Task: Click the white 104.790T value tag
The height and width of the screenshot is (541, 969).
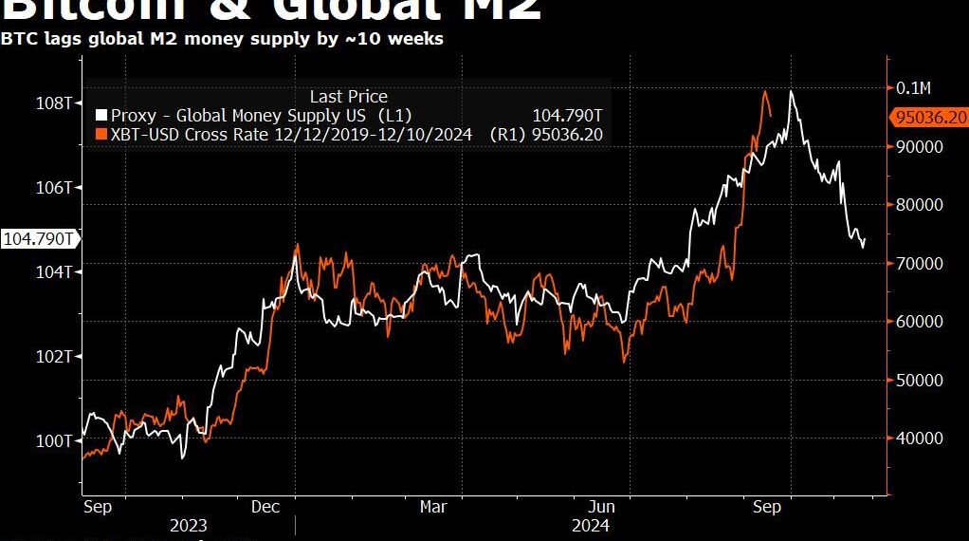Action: tap(39, 238)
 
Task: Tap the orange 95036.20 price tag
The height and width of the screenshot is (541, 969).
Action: tap(929, 118)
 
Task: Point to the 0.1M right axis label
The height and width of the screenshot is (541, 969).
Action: tap(914, 88)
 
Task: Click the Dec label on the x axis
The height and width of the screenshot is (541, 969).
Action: tap(265, 507)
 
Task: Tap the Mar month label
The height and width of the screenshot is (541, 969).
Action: tap(433, 507)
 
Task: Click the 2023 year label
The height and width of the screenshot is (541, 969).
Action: tap(188, 525)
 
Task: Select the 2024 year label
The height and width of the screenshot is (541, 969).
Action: tap(590, 525)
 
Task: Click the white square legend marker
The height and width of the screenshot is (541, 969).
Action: tap(101, 116)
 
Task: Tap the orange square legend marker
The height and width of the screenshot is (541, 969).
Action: tap(101, 135)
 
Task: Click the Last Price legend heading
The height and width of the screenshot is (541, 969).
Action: tap(348, 96)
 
